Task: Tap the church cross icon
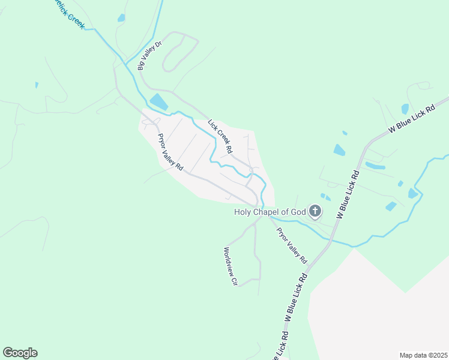315,211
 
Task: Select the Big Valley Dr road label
149,56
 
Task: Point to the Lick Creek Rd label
220,136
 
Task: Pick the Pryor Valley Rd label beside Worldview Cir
291,245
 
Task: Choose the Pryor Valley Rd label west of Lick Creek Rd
170,151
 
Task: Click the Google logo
20,353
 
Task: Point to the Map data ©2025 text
423,355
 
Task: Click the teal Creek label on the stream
71,16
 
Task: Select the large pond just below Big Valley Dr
158,102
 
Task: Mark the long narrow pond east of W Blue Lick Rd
375,166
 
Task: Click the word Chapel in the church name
270,211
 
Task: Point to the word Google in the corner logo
20,353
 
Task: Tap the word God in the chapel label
298,211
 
